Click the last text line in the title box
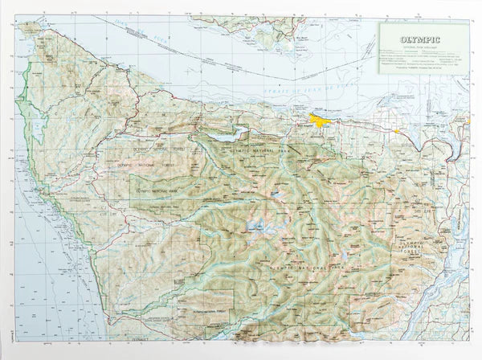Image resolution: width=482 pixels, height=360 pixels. [423, 69]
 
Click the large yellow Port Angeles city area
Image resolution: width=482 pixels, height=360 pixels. [321, 121]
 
